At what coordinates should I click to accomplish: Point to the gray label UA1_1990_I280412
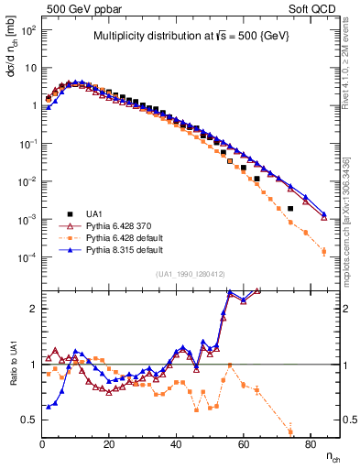pyautogui.click(x=191, y=274)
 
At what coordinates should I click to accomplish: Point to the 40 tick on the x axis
pyautogui.click(x=176, y=442)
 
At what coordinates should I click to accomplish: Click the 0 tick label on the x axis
pyautogui.click(x=43, y=442)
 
